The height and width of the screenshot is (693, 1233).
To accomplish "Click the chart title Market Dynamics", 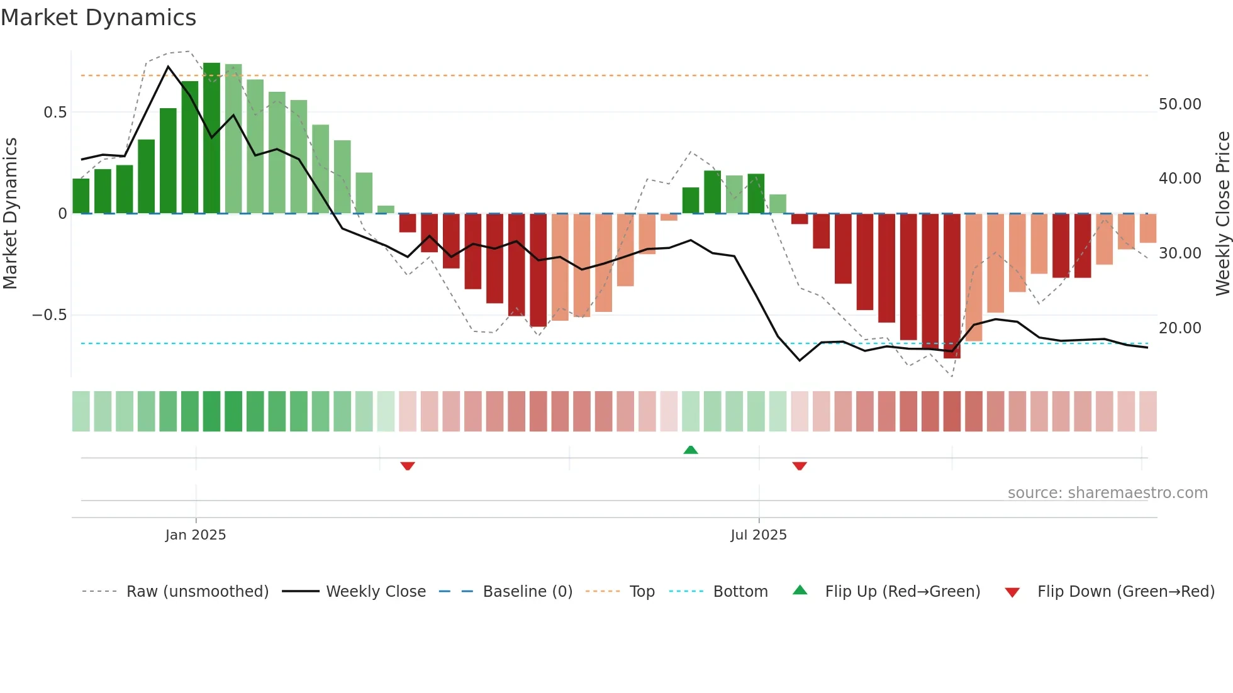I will [98, 18].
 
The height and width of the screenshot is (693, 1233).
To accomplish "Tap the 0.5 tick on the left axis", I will [55, 113].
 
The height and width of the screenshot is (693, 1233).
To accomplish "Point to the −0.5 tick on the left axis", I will [50, 315].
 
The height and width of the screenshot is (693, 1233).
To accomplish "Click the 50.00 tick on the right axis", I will [1180, 104].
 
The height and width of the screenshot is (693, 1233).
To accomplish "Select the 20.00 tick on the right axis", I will [1180, 328].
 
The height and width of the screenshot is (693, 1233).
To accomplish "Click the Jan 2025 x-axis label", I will [195, 535].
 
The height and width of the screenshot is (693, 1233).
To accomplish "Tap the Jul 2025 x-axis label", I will [758, 535].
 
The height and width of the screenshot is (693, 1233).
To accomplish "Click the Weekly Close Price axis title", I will [1222, 214].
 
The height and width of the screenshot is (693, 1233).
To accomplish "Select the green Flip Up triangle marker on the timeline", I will [691, 450].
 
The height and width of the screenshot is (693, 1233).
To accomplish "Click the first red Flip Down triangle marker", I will [408, 466].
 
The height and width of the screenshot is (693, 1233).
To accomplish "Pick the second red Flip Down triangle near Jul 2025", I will [800, 466].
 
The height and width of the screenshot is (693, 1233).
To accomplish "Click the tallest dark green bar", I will [211, 138].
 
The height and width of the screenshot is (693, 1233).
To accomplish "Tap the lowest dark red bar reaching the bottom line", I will [952, 286].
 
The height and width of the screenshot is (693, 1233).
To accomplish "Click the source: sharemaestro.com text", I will [1107, 493].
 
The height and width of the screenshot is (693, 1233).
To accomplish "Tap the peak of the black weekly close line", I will [168, 67].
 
